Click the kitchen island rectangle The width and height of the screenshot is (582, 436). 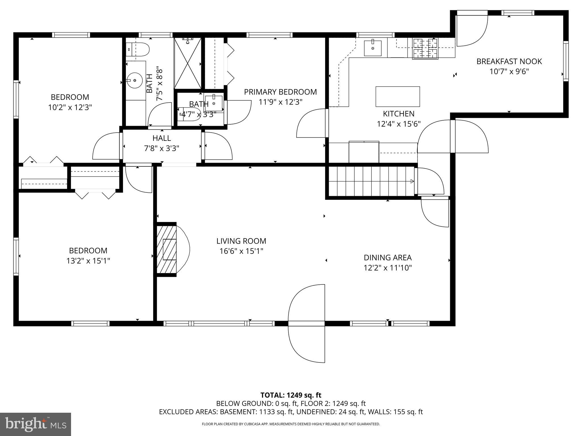tap(398, 97)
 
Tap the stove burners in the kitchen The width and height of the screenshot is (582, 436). tap(425, 48)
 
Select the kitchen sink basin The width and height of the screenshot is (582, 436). tap(373, 48)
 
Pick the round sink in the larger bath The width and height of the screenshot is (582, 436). tap(135, 80)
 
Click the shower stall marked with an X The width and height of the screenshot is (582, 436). tap(188, 63)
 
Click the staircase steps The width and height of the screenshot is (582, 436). tap(371, 181)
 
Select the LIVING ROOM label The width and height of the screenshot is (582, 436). tap(241, 241)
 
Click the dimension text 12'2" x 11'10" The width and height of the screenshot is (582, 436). tap(388, 268)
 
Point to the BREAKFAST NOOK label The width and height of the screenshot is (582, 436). tap(509, 61)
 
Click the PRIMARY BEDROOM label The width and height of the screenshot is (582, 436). tap(280, 92)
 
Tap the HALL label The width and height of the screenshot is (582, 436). tap(161, 138)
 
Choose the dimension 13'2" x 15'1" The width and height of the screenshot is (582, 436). tap(88, 261)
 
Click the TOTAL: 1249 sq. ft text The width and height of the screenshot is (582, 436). tap(291, 395)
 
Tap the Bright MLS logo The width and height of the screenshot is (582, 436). tap(36, 424)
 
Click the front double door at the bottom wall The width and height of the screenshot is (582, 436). tap(307, 324)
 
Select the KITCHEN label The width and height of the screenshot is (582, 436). tap(398, 114)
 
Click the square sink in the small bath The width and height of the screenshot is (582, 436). tap(213, 103)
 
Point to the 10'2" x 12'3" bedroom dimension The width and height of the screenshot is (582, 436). tap(70, 107)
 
